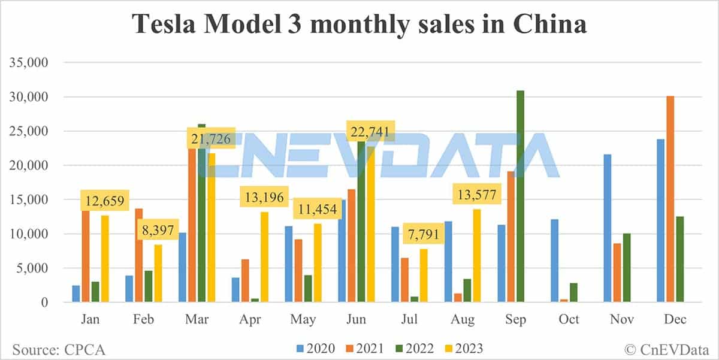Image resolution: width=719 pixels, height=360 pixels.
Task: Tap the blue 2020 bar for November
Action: pos(608,228)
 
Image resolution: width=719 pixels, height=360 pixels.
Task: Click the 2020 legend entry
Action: pos(314,348)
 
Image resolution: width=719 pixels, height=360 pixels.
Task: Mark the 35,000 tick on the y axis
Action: pos(28,62)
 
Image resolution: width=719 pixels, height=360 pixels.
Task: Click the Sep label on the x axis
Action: pos(515,319)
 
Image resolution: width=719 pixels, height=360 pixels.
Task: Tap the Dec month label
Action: pos(674,319)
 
